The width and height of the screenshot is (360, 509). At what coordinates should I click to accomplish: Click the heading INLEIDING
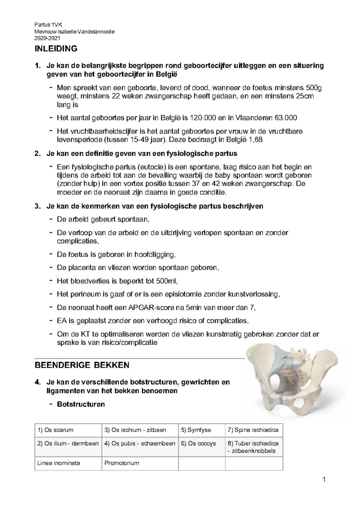[56, 49]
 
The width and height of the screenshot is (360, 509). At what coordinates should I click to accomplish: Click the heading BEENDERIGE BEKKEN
[82, 365]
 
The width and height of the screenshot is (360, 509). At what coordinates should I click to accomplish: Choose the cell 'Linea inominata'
[58, 463]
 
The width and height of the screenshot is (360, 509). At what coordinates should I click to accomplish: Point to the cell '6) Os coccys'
[198, 443]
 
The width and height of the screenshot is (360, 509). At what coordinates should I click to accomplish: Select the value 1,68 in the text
[255, 140]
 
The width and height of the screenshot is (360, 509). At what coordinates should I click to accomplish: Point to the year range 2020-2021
[47, 38]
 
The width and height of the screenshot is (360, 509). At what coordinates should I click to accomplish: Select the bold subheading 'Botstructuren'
[81, 404]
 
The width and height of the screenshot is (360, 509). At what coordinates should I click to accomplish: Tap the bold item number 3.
[37, 206]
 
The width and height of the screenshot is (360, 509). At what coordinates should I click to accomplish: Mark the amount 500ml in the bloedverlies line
[166, 281]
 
